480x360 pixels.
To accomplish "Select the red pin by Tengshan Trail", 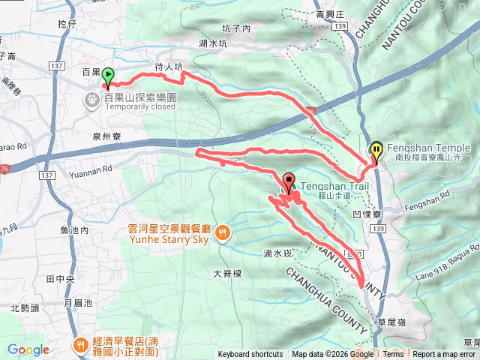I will click(x=289, y=181).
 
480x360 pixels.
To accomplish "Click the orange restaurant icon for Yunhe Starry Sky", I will click(x=222, y=232).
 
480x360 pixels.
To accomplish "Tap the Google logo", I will click(x=28, y=349).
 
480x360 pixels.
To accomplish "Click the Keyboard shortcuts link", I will click(x=250, y=355).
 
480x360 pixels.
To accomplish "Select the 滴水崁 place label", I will click(x=277, y=253).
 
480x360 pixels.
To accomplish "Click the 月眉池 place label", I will click(x=78, y=303).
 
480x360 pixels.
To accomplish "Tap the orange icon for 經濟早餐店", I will click(x=79, y=344).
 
